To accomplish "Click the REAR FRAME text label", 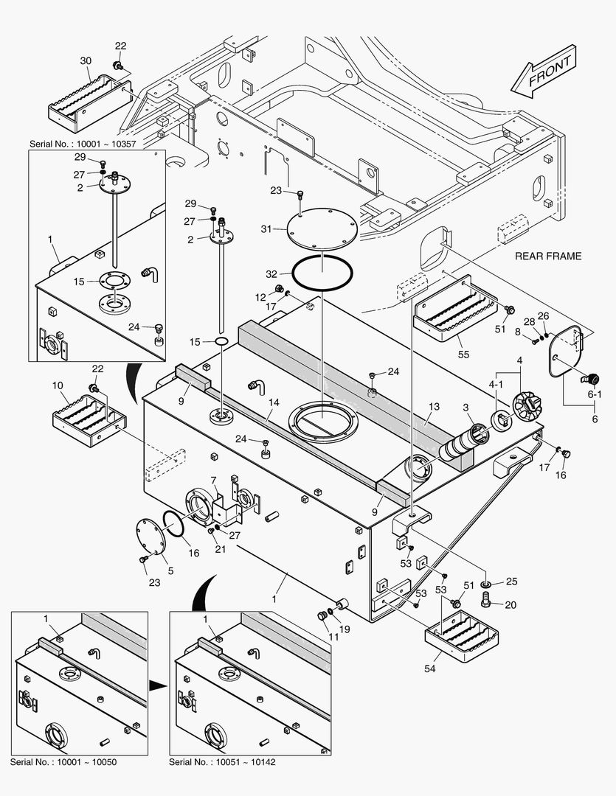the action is pyautogui.click(x=548, y=256).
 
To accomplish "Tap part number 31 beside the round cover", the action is pyautogui.click(x=266, y=229).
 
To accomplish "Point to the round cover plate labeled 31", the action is pyautogui.click(x=322, y=228).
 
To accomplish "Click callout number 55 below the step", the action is pyautogui.click(x=463, y=355).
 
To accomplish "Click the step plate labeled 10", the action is pyautogui.click(x=90, y=422).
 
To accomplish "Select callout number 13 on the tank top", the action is pyautogui.click(x=434, y=407).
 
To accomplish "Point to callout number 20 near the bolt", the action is pyautogui.click(x=511, y=604).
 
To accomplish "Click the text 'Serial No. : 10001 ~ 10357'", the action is pyautogui.click(x=83, y=144).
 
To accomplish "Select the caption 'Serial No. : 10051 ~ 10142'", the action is pyautogui.click(x=222, y=761).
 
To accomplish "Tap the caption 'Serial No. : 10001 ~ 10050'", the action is pyautogui.click(x=63, y=761).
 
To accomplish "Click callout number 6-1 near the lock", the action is pyautogui.click(x=595, y=394).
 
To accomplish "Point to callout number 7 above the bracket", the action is pyautogui.click(x=213, y=480).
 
